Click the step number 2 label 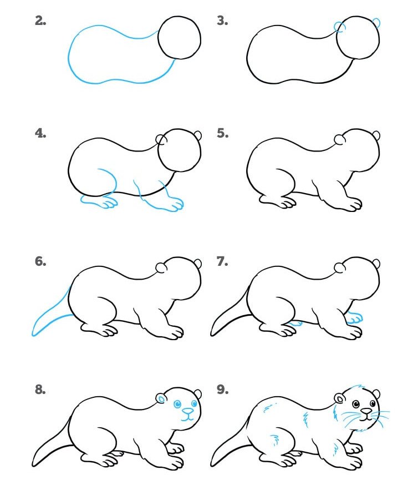click(x=40, y=21)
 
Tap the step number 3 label click(x=222, y=21)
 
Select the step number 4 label click(x=40, y=133)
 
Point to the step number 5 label click(x=222, y=133)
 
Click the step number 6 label click(x=40, y=261)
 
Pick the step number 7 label click(x=222, y=261)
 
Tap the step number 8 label click(x=40, y=390)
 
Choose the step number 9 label click(x=222, y=390)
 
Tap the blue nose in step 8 click(x=187, y=411)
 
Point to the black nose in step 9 click(x=366, y=411)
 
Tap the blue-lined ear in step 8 click(x=161, y=398)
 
